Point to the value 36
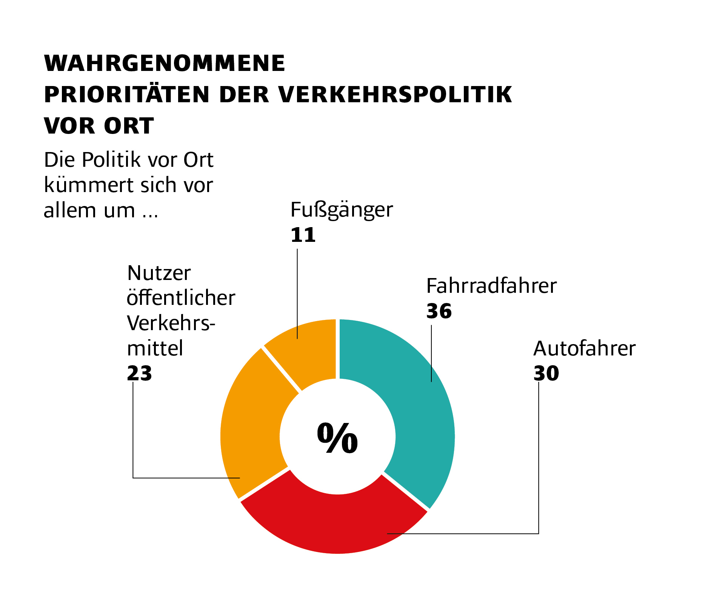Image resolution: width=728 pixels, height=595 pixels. [x=439, y=312]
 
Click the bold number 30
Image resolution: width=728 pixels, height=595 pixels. [x=546, y=374]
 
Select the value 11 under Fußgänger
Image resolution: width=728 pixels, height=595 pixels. [x=303, y=235]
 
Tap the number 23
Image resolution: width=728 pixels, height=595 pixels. [x=139, y=374]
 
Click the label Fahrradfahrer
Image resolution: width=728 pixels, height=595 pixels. [x=491, y=286]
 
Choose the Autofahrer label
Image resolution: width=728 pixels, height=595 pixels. [x=584, y=348]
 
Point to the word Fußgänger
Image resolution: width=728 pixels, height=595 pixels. [x=342, y=210]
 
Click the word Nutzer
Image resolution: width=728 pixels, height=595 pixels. [x=159, y=273]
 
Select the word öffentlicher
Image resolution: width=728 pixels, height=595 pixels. [x=181, y=298]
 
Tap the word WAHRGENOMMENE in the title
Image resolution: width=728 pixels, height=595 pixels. [x=165, y=63]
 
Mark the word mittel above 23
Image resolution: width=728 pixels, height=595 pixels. [x=155, y=348]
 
